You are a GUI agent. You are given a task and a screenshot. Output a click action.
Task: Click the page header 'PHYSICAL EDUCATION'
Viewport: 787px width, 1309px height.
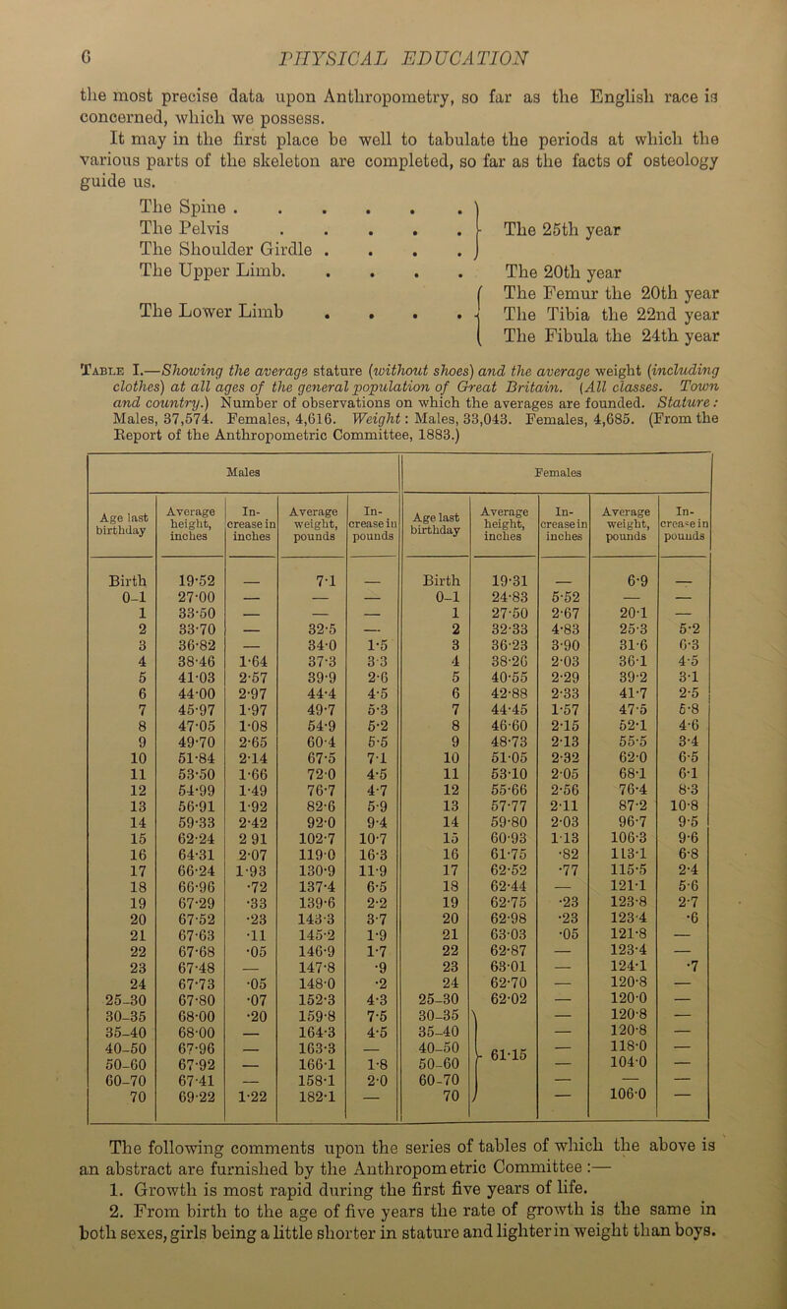click(402, 18)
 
